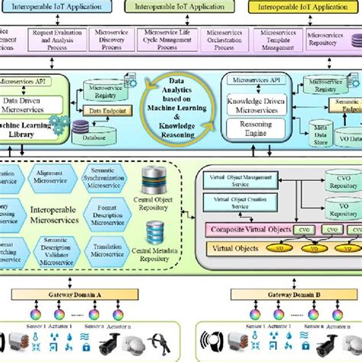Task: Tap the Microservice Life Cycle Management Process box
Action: point(163,39)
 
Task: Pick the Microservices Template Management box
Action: point(276,39)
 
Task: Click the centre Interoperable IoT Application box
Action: point(180,6)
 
